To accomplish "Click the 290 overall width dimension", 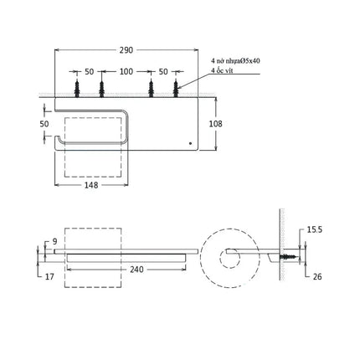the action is [126, 50].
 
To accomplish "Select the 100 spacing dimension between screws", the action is [126, 72].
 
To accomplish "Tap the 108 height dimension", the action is [216, 124].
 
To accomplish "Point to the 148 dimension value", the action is [91, 185].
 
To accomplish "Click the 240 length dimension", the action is [136, 270].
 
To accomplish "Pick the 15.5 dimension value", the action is [315, 229].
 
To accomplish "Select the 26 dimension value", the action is [317, 276].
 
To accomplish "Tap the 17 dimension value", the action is [49, 276].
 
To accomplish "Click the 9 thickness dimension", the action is [54, 241].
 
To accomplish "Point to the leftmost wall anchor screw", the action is [77, 88].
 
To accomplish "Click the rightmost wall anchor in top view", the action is [176, 88].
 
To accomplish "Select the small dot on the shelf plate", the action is [190, 143].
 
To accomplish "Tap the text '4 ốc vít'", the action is [222, 70].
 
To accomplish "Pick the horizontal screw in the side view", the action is [289, 257].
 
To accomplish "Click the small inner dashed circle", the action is [230, 257].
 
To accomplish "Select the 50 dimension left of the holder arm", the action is [44, 124].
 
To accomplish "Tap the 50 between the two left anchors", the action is [90, 72].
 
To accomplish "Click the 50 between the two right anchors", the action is [163, 72].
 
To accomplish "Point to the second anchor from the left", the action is [101, 88].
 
